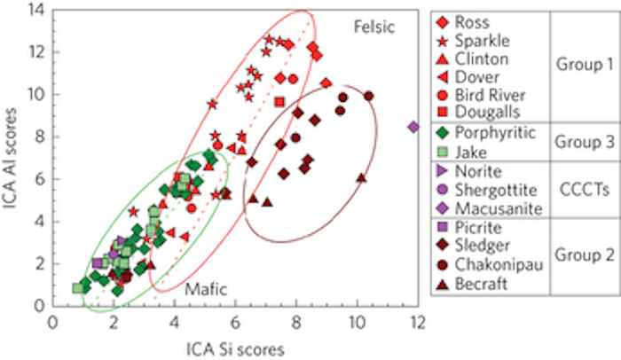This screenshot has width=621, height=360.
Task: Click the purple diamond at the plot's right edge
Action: pyautogui.click(x=413, y=127)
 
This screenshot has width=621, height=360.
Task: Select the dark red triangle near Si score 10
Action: pyautogui.click(x=361, y=177)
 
